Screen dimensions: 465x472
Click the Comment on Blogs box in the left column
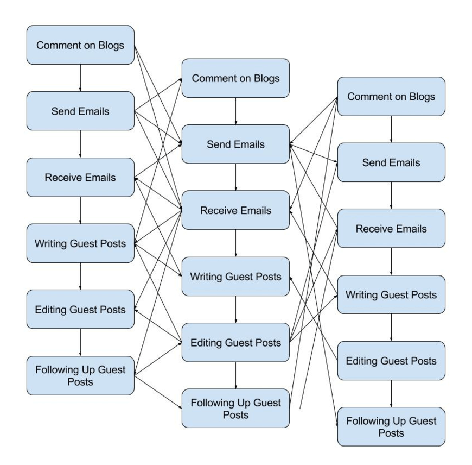pos(80,45)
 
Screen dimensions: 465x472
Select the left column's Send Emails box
pos(80,111)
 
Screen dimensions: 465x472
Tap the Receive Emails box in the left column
pos(80,178)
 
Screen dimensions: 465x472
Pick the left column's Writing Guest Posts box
pos(80,243)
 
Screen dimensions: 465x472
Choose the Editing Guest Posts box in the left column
pos(80,310)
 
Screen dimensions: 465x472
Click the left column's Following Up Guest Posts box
pos(80,376)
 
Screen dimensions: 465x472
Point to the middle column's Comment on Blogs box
pos(235,78)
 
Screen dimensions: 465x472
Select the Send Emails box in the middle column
pos(235,144)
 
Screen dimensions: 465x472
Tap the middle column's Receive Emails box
pos(235,210)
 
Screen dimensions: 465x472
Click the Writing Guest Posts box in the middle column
pos(235,277)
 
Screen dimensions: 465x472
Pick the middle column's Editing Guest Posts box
pos(235,343)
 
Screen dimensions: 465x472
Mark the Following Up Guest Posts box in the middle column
pos(235,409)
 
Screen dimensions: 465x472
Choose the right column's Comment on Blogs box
pos(391,97)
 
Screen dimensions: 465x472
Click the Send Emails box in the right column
pos(391,162)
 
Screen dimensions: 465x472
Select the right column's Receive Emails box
pos(391,229)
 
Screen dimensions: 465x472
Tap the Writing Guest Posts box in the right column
pos(391,295)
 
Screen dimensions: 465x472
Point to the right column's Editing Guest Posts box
pos(391,361)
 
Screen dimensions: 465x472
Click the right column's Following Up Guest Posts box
pos(391,427)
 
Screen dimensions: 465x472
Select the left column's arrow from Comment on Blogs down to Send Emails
pos(80,78)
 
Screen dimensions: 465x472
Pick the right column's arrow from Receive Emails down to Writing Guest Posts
pos(391,262)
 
